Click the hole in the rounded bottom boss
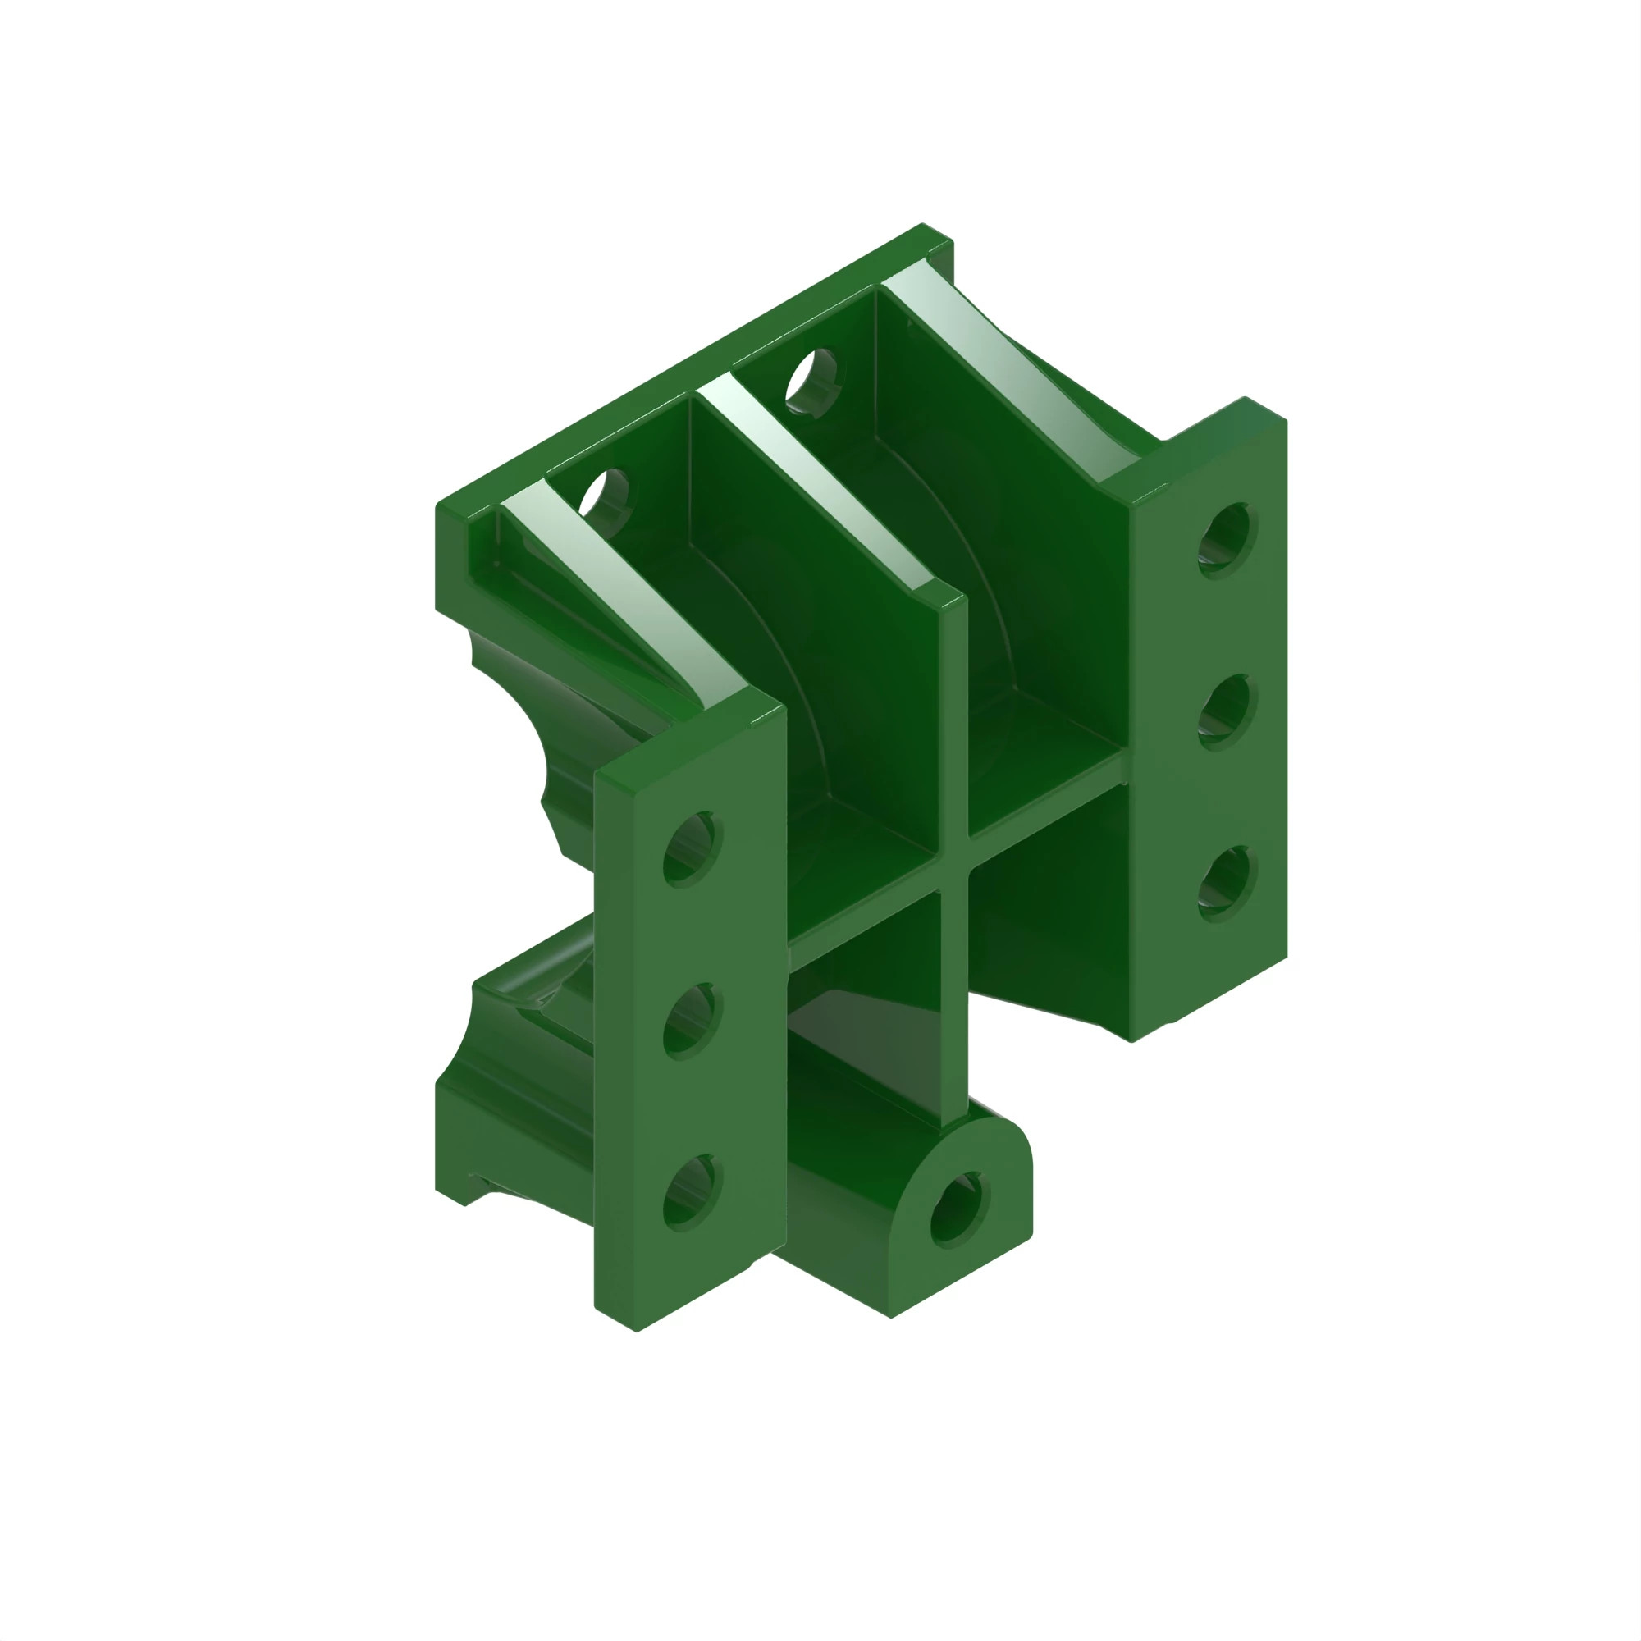pyautogui.click(x=960, y=1209)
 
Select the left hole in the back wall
pyautogui.click(x=604, y=492)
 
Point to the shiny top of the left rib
pyautogui.click(x=620, y=595)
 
